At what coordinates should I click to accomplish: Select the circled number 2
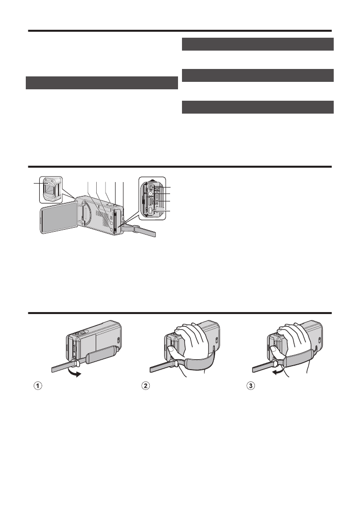pyautogui.click(x=146, y=386)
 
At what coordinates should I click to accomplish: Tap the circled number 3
pyautogui.click(x=251, y=386)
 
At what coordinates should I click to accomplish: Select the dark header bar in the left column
pyautogui.click(x=102, y=83)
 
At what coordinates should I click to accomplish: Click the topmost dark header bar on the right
pyautogui.click(x=258, y=44)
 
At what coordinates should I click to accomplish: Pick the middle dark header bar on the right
pyautogui.click(x=258, y=75)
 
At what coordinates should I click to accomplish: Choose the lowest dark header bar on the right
pyautogui.click(x=258, y=107)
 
